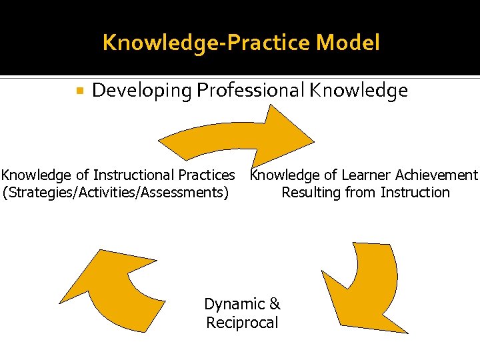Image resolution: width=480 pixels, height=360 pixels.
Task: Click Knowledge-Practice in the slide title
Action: point(207,43)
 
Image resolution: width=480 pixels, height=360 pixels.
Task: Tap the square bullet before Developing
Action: point(79,89)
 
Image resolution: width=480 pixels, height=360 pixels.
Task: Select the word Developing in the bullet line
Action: point(141,91)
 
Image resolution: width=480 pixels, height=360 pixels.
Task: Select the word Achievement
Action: point(437,175)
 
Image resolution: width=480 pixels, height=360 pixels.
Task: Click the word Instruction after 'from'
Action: point(415,193)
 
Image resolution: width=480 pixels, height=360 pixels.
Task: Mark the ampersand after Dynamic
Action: point(275,305)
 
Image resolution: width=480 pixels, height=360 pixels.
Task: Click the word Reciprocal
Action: point(242,323)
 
